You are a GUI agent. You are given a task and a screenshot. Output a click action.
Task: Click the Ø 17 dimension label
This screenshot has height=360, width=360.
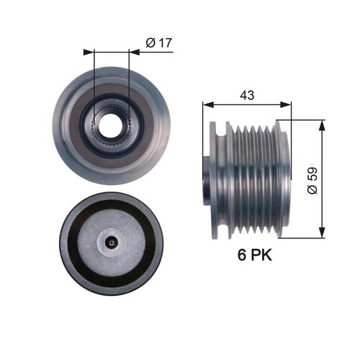tap(158, 43)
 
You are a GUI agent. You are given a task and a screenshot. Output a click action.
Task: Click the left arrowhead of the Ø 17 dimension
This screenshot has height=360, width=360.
tap(88, 52)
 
